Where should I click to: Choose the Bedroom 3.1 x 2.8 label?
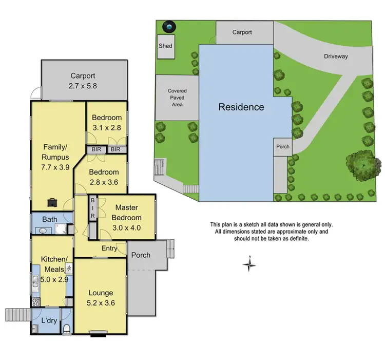tap(107, 122)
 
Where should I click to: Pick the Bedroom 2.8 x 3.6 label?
tap(104, 177)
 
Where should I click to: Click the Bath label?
tap(49, 220)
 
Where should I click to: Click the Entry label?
tap(109, 249)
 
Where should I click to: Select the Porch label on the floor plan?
tap(141, 255)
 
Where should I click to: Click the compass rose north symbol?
tap(249, 264)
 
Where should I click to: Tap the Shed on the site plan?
tap(165, 46)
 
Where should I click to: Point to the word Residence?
tap(241, 107)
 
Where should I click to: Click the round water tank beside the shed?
tap(168, 27)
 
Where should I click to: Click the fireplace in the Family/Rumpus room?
tap(53, 202)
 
